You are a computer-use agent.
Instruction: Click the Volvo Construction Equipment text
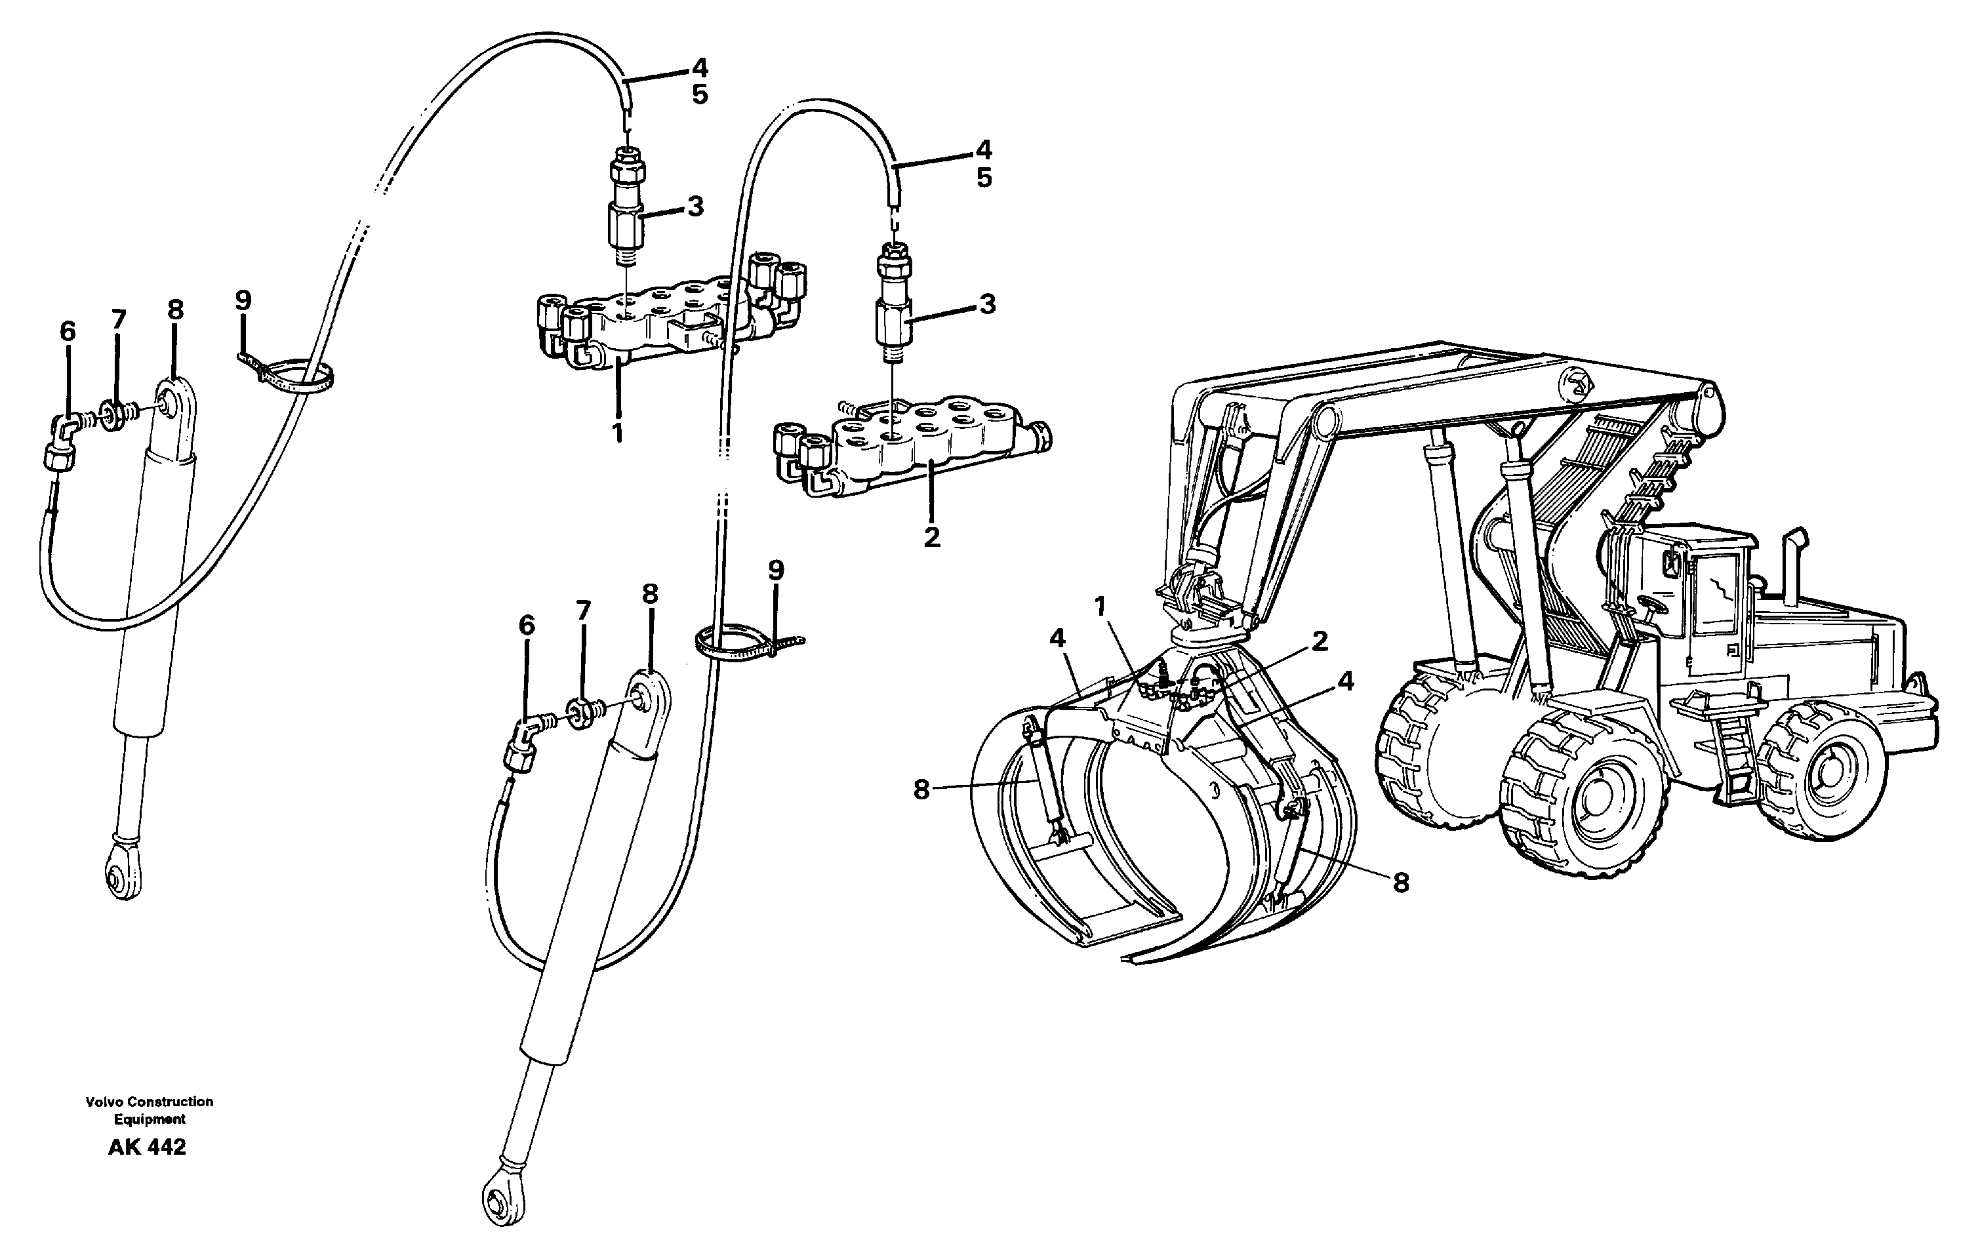coord(149,1109)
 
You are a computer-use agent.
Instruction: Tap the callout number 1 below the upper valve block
coord(618,432)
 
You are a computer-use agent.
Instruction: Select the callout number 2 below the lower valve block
coord(931,537)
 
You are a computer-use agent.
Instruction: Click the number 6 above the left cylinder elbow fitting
coord(68,331)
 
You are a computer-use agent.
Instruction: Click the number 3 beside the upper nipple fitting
coord(695,206)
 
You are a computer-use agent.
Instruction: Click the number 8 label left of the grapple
coord(921,789)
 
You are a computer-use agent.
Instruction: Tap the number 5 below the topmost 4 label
coord(699,94)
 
